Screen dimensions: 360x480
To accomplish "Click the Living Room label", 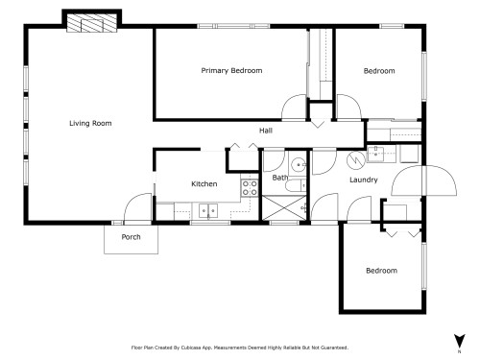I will point(90,123).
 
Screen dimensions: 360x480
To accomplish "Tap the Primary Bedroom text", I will point(231,71).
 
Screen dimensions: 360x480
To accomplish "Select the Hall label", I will point(267,131).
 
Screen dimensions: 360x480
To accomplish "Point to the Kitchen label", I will point(204,183).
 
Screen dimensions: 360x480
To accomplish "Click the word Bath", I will point(280,178).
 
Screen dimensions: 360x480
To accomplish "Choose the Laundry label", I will point(364,180).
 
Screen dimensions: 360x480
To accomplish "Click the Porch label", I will point(131,237).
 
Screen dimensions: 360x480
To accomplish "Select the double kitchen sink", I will point(207,209).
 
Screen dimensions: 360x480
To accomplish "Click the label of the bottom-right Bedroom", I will point(381,271).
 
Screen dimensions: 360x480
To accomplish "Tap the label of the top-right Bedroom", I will point(378,71).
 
